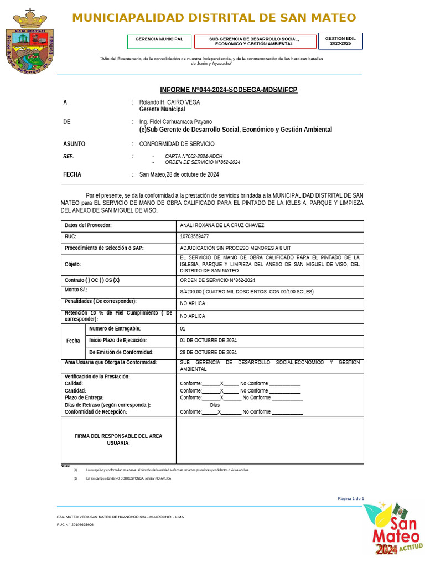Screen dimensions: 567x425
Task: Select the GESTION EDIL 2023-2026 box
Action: (340, 41)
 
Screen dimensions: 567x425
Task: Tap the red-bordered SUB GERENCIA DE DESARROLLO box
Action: (255, 42)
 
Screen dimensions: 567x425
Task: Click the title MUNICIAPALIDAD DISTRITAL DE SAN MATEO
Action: (214, 18)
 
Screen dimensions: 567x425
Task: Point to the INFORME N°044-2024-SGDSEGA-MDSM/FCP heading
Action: (229, 90)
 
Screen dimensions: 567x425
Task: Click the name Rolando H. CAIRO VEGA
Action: (169, 102)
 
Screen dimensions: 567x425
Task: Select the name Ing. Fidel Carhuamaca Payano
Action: (175, 122)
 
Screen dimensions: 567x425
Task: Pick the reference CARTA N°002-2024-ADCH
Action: (193, 156)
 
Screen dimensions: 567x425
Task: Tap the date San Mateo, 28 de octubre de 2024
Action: (179, 174)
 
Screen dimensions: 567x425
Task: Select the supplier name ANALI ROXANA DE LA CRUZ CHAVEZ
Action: (222, 225)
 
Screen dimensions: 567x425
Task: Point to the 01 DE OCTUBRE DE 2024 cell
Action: (208, 340)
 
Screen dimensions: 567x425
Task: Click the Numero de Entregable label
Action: (115, 329)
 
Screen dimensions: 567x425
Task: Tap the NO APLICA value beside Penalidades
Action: (192, 303)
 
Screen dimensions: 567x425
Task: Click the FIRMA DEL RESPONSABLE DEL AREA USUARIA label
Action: (118, 440)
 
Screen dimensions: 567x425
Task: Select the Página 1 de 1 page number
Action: (350, 499)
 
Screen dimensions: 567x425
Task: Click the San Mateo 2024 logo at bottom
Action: (392, 529)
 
